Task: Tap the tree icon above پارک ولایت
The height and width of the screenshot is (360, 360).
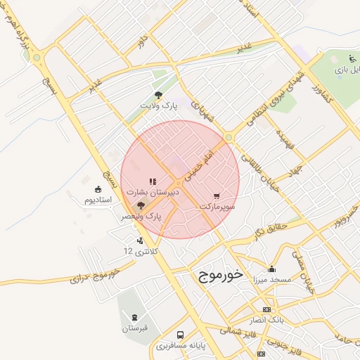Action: (158, 95)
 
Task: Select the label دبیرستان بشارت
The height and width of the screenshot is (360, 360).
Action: (153, 191)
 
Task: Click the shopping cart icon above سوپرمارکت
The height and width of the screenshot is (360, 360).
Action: (217, 196)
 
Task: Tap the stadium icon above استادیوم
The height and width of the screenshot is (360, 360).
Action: (98, 189)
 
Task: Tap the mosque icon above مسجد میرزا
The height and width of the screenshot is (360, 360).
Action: (272, 269)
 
